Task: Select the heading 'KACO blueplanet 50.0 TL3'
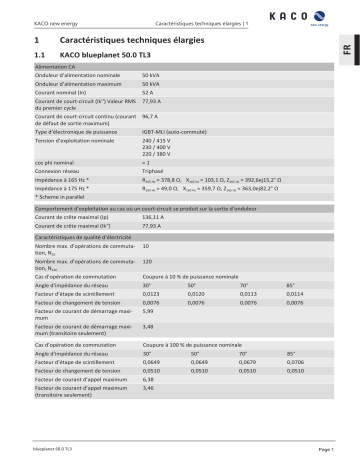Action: [x=108, y=55]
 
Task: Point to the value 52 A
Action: [x=148, y=94]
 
